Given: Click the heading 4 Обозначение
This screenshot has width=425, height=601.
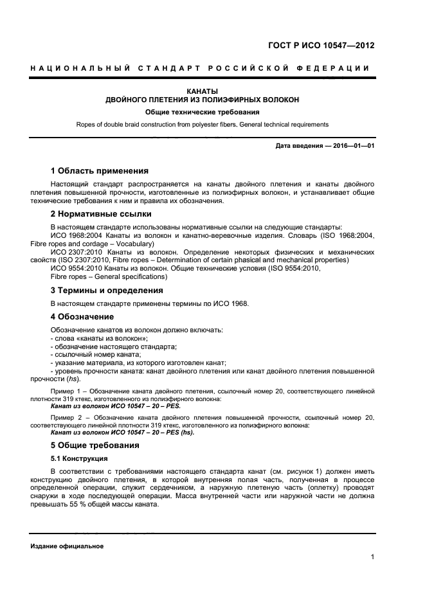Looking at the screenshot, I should click(82, 317).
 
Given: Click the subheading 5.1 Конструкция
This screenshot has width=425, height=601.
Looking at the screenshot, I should click(78, 458).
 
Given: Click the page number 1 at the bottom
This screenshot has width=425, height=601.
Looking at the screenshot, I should click(373, 557).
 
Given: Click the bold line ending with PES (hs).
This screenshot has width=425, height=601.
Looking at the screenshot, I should click(122, 432).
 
